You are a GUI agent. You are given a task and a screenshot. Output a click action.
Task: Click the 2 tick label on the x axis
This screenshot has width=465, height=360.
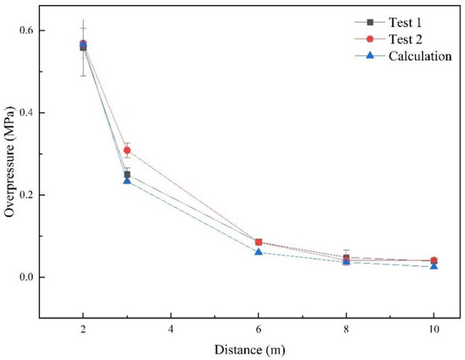(x=83, y=329)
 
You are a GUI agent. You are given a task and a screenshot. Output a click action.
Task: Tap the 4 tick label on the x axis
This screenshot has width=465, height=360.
(x=171, y=329)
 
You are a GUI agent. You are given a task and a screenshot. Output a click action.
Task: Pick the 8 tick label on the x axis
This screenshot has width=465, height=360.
(x=347, y=329)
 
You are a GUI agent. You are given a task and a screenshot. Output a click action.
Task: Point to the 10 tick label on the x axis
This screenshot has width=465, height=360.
(x=434, y=329)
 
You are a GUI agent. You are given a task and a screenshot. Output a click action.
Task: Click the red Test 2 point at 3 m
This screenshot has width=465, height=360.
(x=127, y=150)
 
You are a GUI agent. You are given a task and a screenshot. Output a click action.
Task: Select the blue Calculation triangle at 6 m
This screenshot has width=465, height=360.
(x=259, y=252)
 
